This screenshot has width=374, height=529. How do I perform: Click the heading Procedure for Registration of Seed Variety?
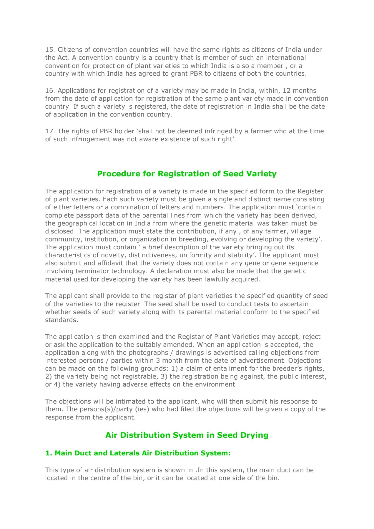tap(187, 174)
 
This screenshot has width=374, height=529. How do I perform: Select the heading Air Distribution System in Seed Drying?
tap(187, 435)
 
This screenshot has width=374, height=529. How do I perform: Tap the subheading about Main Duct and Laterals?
tap(138, 453)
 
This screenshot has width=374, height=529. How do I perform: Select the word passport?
tap(84, 215)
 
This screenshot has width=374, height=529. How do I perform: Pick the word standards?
tap(61, 320)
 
